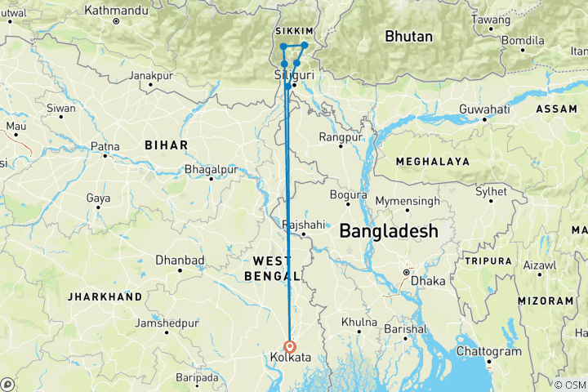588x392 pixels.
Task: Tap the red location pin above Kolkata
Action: pyautogui.click(x=290, y=345)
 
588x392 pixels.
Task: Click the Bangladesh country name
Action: pyautogui.click(x=388, y=232)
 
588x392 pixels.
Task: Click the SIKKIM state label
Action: pyautogui.click(x=295, y=30)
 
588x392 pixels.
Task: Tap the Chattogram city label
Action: pyautogui.click(x=491, y=350)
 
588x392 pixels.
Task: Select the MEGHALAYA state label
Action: pyautogui.click(x=432, y=162)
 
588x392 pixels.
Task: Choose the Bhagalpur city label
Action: pyautogui.click(x=212, y=168)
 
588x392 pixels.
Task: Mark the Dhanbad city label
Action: pyautogui.click(x=179, y=260)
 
